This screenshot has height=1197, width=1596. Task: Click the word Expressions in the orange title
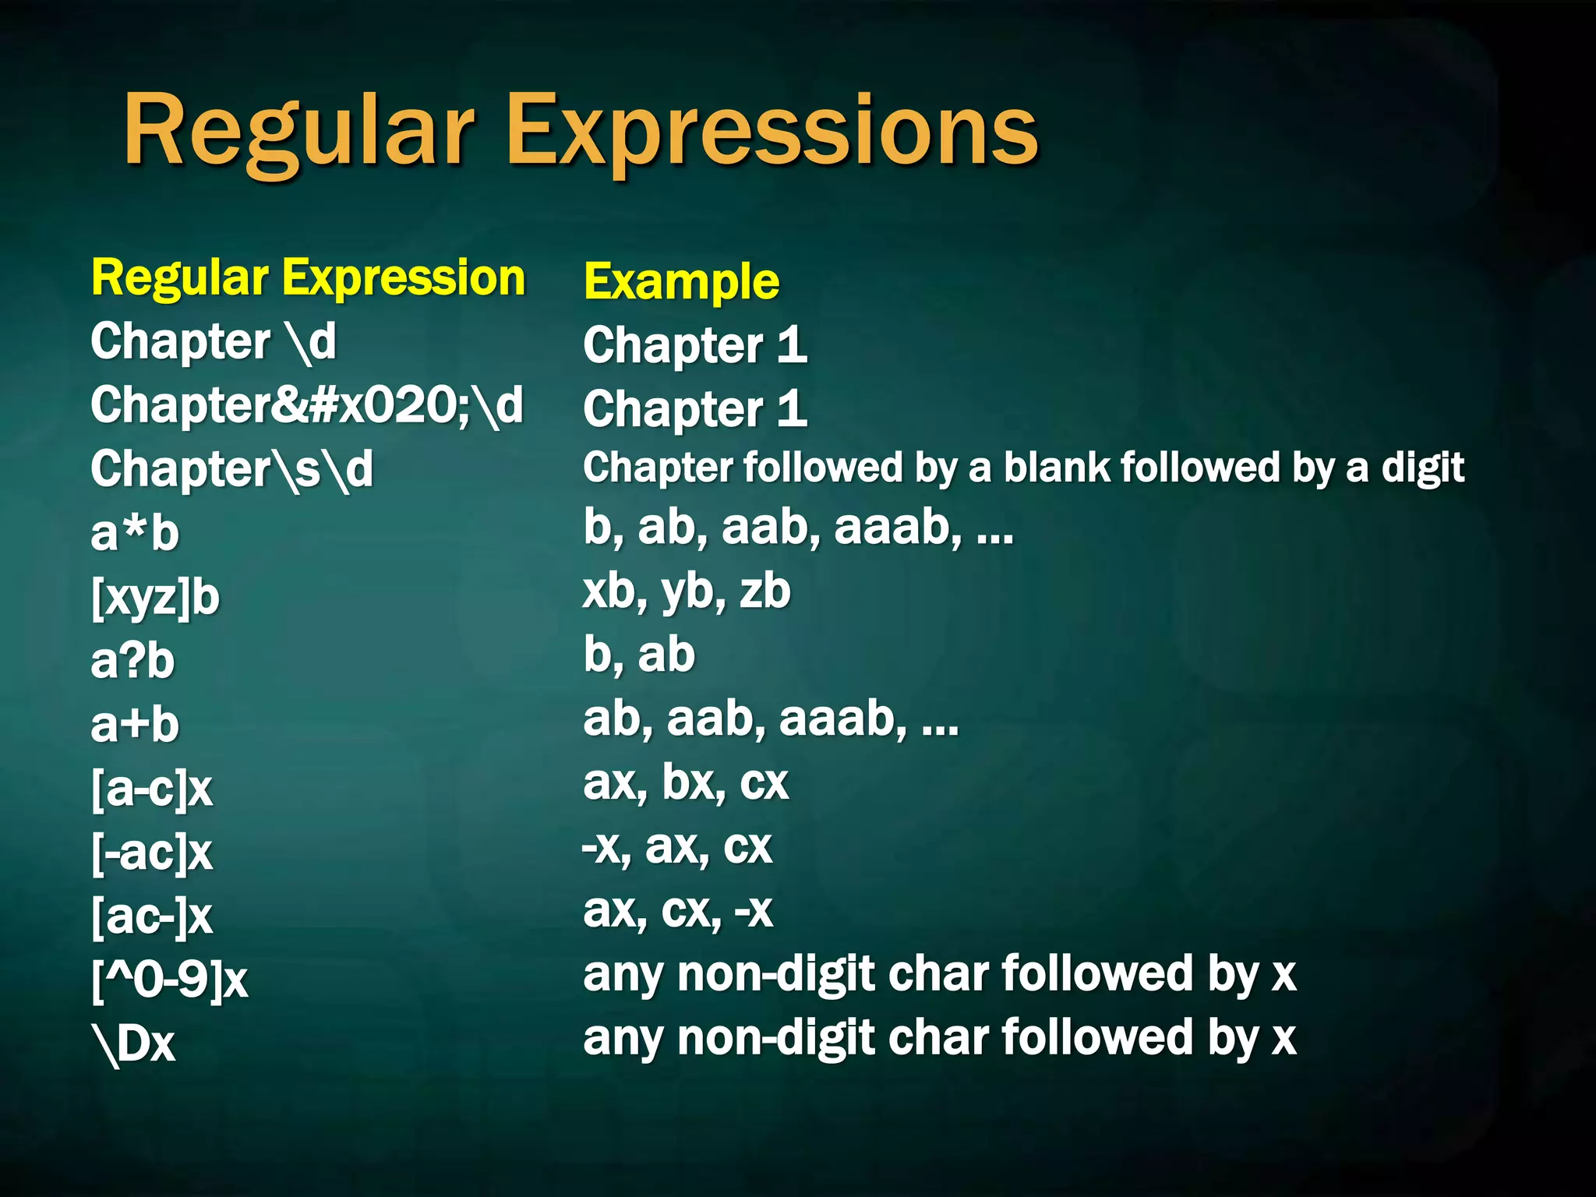pos(772,132)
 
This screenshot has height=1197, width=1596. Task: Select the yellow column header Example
pos(681,281)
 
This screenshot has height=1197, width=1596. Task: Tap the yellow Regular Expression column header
pos(309,278)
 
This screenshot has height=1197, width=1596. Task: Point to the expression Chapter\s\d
pos(231,470)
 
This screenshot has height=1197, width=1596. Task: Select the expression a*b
pos(135,534)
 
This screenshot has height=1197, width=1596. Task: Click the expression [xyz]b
pos(155,598)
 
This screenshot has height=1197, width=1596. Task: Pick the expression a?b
pos(132,662)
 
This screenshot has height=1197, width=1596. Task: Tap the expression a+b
pos(135,726)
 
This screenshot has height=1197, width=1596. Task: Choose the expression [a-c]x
pos(152,789)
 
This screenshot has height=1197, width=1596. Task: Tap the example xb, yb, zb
pos(687,591)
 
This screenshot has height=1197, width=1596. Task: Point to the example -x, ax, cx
pos(677,847)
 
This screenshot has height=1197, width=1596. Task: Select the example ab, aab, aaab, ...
pos(770,719)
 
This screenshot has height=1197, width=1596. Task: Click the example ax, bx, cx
pos(686,783)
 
